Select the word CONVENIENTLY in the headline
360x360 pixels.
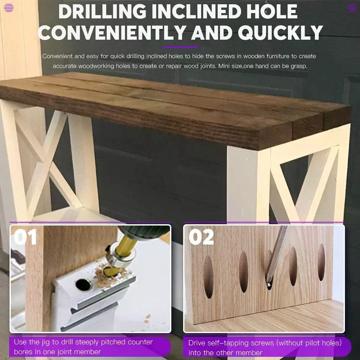(112, 33)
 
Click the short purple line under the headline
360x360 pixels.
(180, 47)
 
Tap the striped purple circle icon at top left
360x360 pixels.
(9, 8)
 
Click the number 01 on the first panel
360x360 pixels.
(25, 237)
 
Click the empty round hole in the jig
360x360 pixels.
(83, 284)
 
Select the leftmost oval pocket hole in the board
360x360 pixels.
(208, 277)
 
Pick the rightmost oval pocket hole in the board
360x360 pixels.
(321, 263)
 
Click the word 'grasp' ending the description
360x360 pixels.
(299, 67)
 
